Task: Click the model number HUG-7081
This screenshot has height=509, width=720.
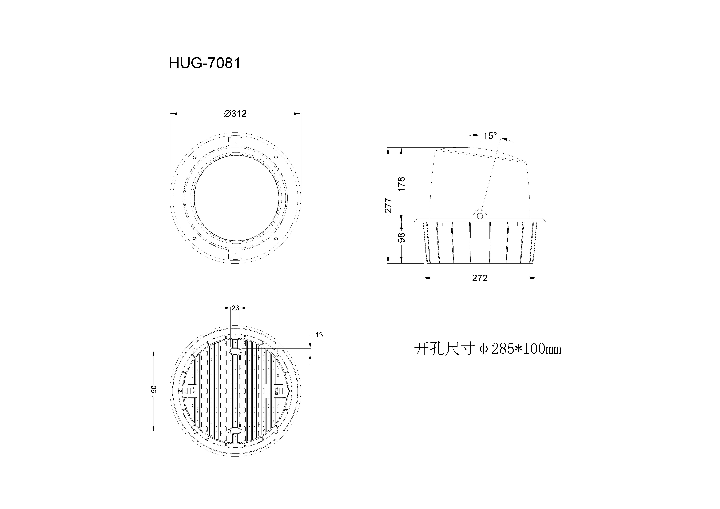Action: point(205,63)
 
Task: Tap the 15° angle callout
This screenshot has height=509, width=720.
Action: point(490,136)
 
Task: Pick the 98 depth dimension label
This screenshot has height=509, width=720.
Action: point(401,237)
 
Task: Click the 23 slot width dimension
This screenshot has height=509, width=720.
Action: point(235,308)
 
